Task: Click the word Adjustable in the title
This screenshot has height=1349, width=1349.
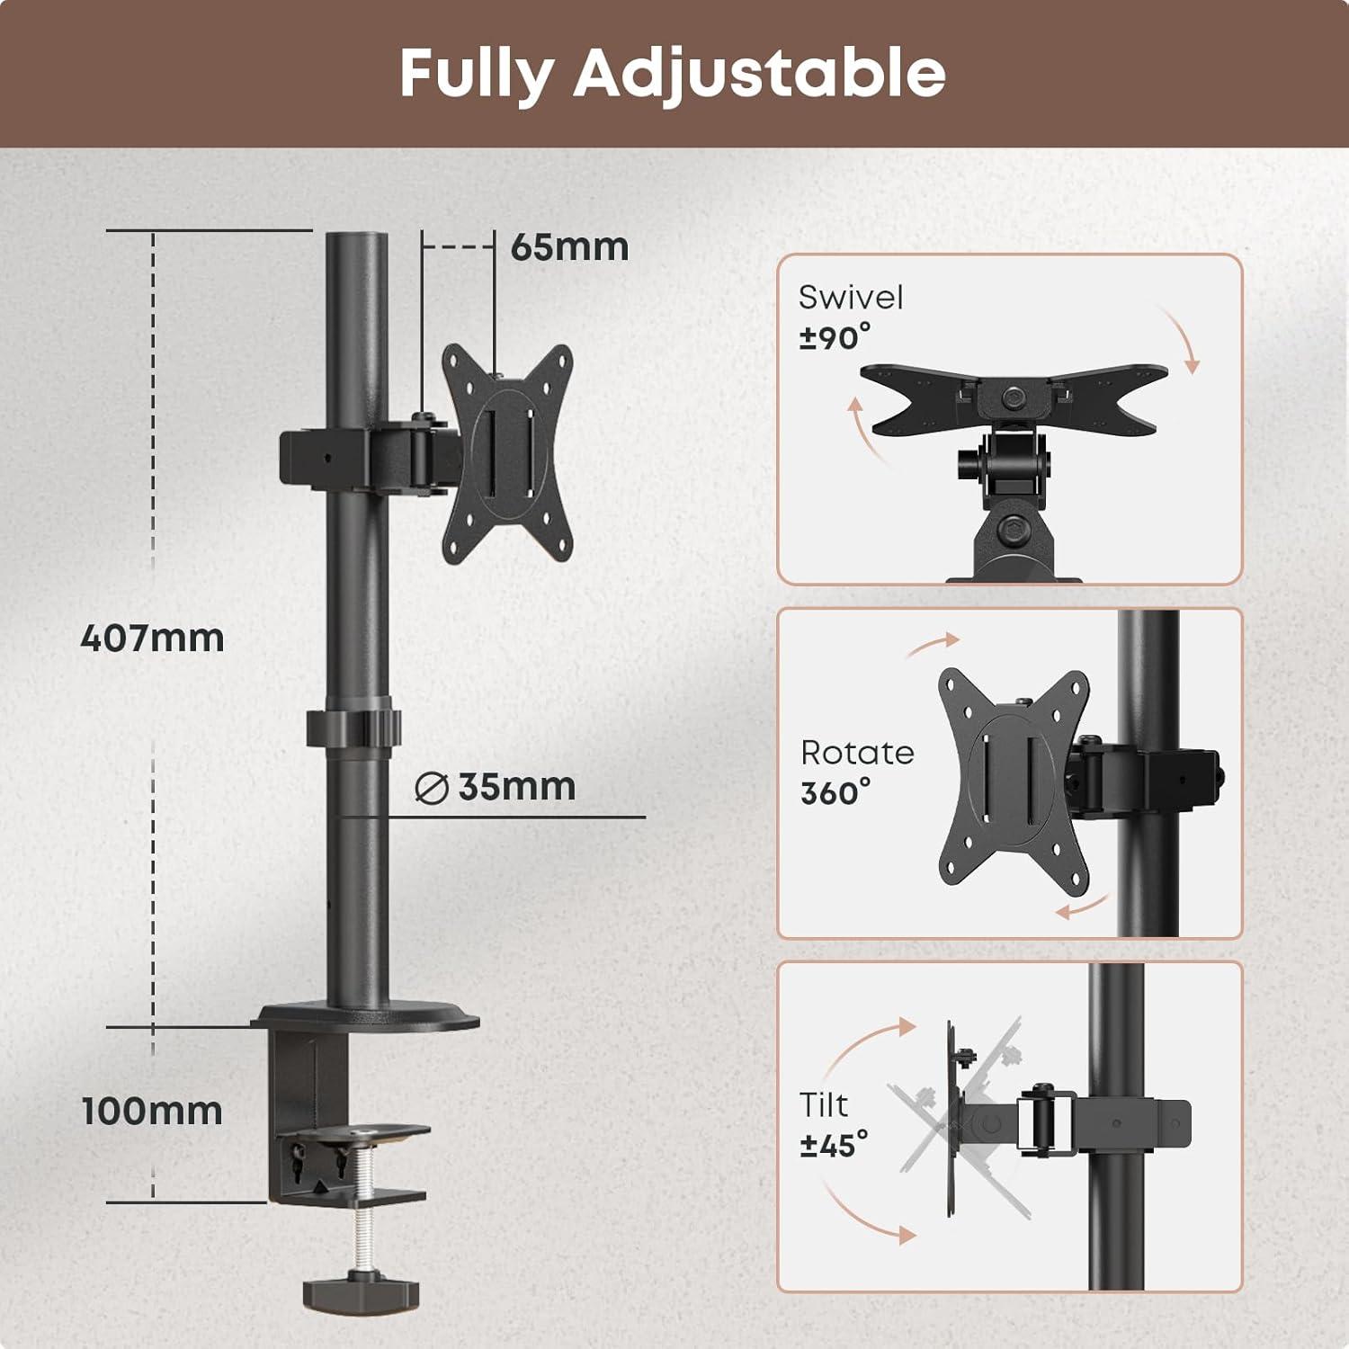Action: (x=760, y=75)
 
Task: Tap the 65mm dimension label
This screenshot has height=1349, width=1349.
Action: (x=569, y=247)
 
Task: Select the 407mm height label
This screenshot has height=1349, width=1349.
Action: (x=152, y=638)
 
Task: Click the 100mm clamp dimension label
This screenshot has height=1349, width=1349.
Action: (x=152, y=1111)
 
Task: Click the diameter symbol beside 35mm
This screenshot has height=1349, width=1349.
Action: (x=432, y=788)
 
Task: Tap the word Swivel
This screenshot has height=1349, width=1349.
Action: (x=851, y=297)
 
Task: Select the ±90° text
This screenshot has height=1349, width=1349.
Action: (x=835, y=337)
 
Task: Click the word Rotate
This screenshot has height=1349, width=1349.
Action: (x=857, y=752)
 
